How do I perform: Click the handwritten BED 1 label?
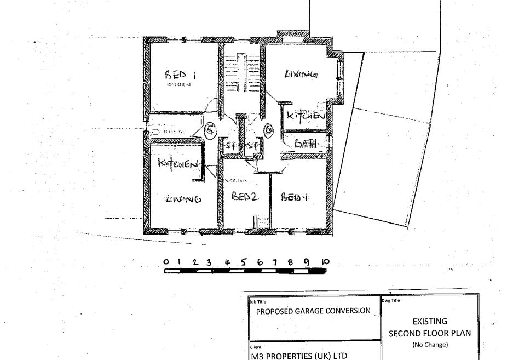coord(181,75)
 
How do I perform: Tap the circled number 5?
coord(210,130)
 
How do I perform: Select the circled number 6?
coord(269,130)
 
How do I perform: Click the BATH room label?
coord(306,144)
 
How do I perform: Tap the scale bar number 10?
coord(325,262)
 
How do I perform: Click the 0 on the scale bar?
coord(166,262)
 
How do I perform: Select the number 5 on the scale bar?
coord(243,262)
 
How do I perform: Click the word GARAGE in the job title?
coord(313,311)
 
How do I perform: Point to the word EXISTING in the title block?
coord(430,321)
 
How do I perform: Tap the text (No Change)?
coord(430,345)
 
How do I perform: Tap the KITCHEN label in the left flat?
coord(177,163)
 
